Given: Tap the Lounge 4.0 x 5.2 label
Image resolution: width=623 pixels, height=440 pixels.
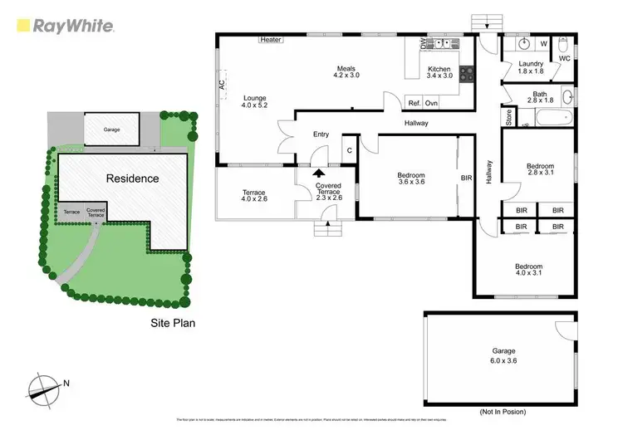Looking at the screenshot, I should click(255, 100).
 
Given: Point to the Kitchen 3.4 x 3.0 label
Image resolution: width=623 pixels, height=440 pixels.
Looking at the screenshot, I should click(439, 74).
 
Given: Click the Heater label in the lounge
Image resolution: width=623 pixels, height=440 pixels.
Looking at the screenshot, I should click(271, 39).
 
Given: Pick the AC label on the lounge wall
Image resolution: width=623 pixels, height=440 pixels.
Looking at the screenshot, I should click(222, 85).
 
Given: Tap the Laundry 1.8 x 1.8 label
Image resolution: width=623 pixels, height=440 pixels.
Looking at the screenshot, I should click(531, 68).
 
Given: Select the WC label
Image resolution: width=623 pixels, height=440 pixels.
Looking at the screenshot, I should click(564, 59).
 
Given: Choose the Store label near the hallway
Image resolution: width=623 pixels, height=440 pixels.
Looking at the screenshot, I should click(508, 117).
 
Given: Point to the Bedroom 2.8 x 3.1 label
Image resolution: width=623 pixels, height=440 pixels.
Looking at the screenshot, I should click(541, 171).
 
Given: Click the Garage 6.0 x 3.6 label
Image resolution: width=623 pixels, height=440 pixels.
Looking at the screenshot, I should click(502, 355).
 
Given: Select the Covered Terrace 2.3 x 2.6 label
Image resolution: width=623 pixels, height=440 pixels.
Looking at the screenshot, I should click(328, 193).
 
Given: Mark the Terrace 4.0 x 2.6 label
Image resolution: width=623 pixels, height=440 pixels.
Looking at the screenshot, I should click(255, 197).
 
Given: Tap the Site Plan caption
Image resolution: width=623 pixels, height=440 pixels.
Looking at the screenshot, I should click(172, 323).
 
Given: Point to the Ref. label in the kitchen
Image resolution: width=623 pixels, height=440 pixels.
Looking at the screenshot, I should click(414, 103).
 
